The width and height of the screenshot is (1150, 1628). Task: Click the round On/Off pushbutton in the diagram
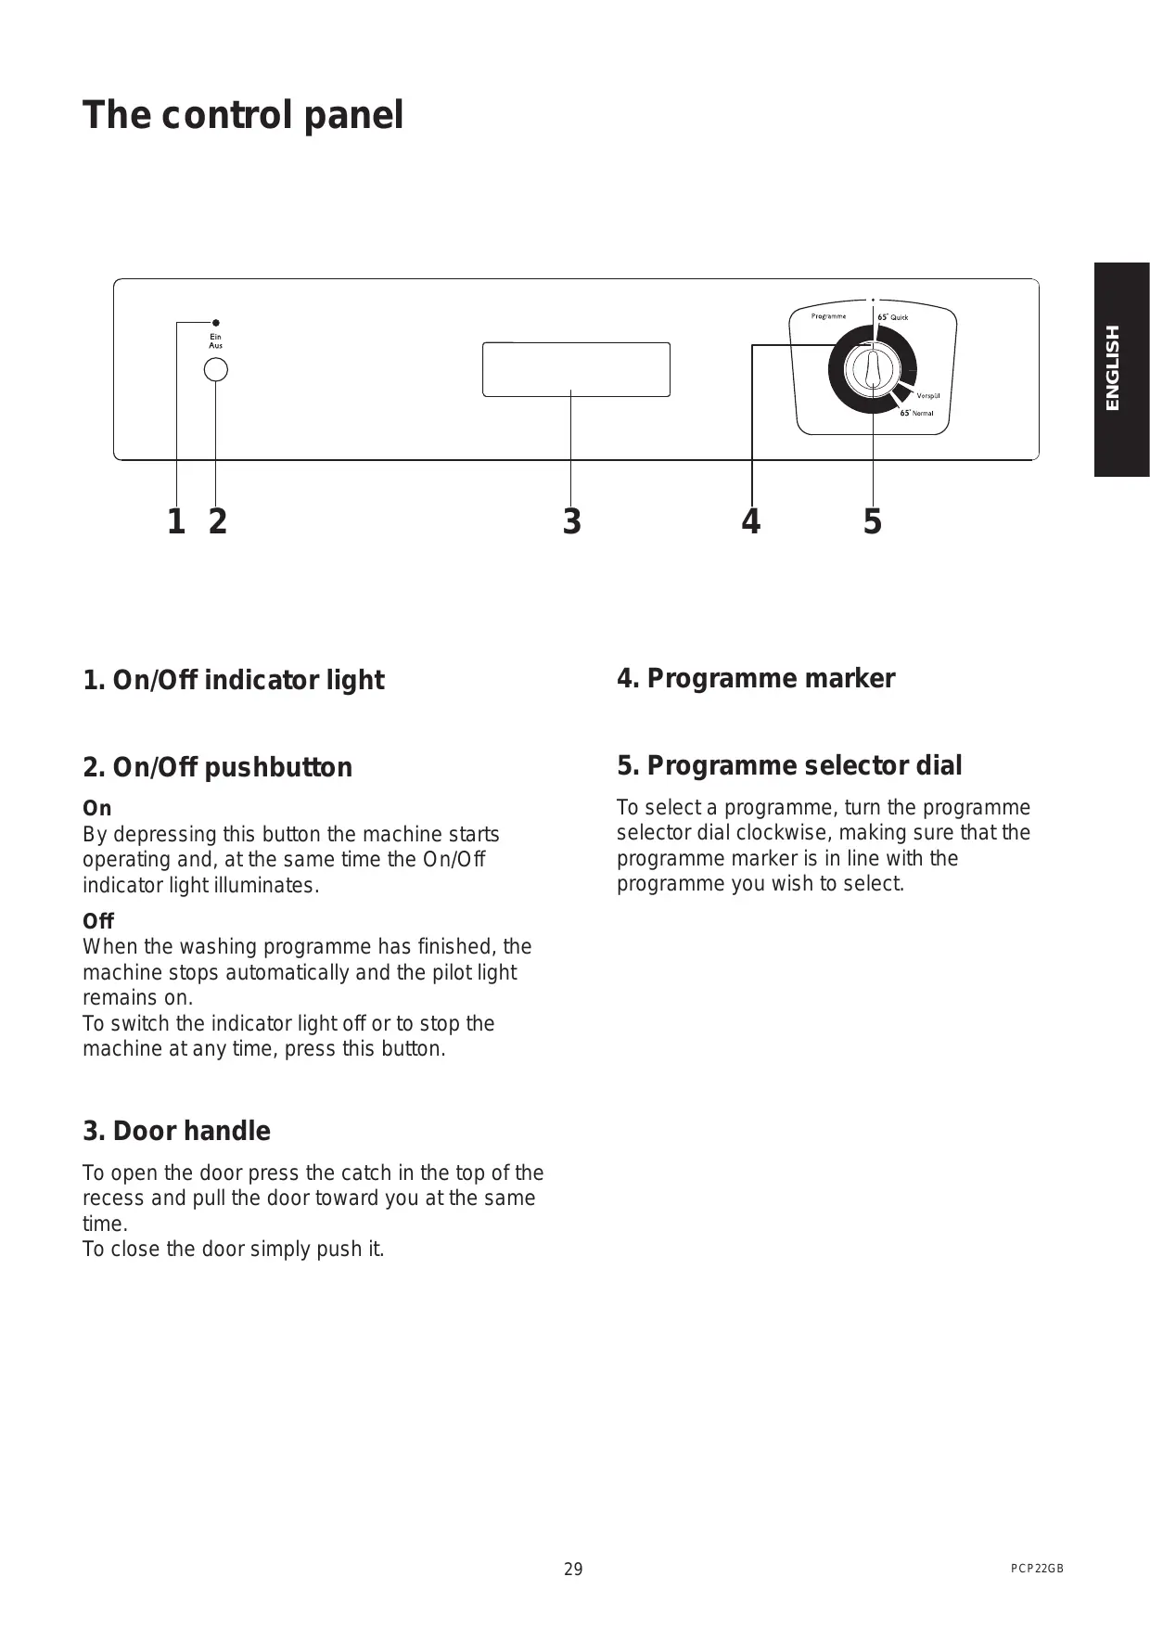[x=215, y=370]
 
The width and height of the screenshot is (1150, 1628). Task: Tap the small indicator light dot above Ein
[x=215, y=323]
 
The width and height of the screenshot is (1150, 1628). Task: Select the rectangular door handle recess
[x=576, y=369]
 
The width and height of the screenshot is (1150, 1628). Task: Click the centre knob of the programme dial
[x=872, y=368]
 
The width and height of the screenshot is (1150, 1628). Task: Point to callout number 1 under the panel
[x=175, y=522]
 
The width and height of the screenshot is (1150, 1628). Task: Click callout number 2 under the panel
[x=217, y=522]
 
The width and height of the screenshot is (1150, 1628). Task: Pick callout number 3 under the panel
[x=571, y=522]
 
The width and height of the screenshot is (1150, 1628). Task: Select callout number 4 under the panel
[x=750, y=522]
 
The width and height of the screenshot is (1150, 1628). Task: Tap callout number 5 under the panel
[x=872, y=522]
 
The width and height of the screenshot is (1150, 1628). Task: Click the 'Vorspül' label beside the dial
[x=928, y=396]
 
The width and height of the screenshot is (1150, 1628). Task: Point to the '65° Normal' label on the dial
[x=917, y=413]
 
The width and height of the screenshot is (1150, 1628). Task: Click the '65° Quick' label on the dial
[x=893, y=317]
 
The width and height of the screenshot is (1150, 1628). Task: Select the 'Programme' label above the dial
[x=828, y=316]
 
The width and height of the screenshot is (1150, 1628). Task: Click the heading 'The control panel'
[x=243, y=116]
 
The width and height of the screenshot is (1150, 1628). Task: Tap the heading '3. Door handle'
[x=176, y=1131]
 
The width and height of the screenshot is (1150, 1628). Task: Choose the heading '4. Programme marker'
[x=756, y=678]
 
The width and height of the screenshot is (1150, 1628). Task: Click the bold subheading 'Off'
[x=97, y=921]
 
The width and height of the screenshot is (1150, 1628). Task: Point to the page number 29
[x=573, y=1570]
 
